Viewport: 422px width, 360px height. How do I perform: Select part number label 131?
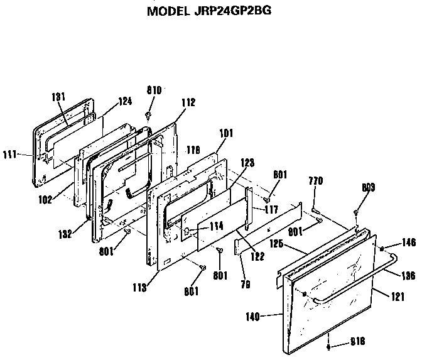tap(58, 97)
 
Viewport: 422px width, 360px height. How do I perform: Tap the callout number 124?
tap(126, 101)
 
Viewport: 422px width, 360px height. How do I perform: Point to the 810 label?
tap(154, 90)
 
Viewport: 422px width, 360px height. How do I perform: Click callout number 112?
tap(188, 102)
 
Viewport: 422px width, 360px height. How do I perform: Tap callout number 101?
tap(225, 133)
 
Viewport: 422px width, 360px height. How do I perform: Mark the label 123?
tap(247, 162)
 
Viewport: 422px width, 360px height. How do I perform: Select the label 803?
tap(369, 187)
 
